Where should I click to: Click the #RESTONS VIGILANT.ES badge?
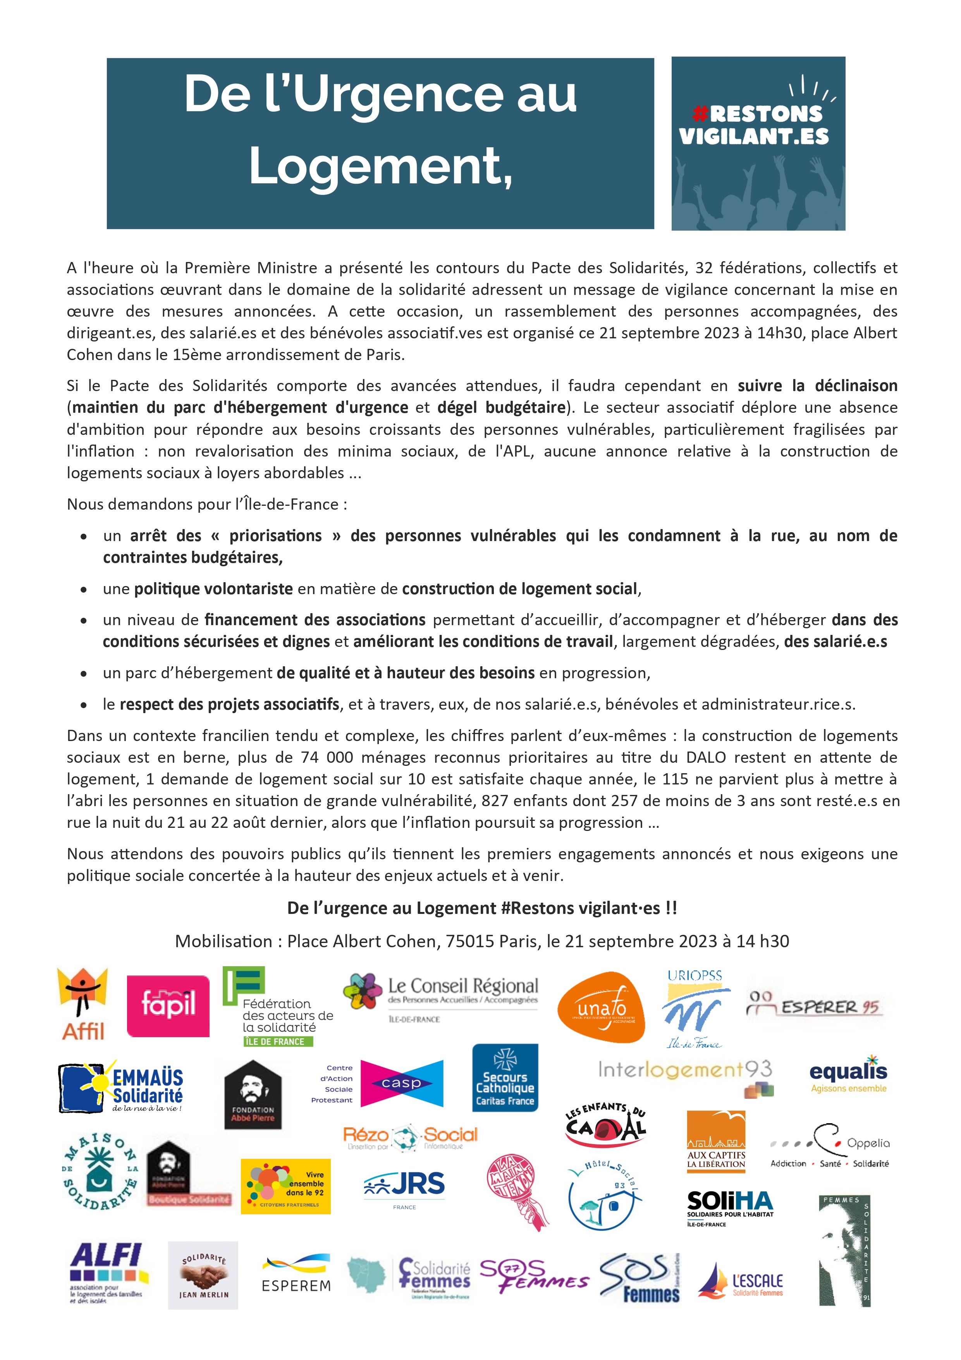coord(758,143)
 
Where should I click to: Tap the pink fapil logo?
coord(168,1006)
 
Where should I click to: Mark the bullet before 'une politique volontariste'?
coord(84,590)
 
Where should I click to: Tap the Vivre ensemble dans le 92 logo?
coord(285,1186)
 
